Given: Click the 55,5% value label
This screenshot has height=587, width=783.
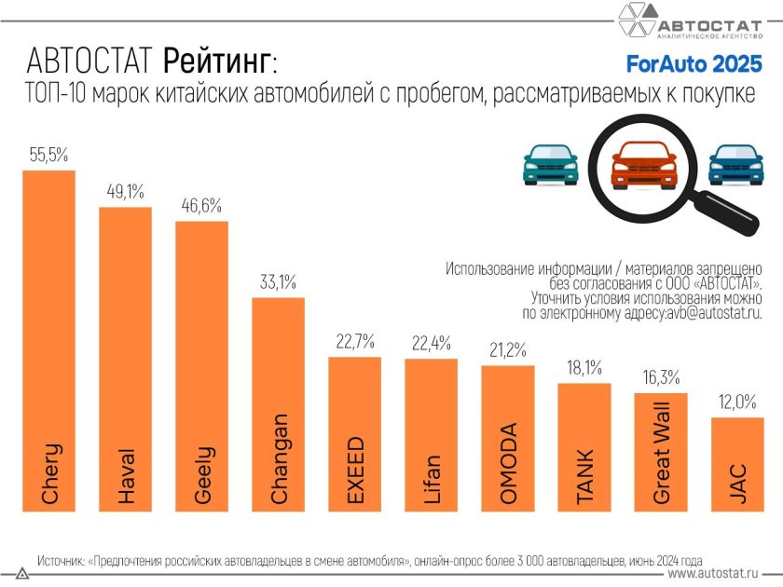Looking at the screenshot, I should (x=48, y=156).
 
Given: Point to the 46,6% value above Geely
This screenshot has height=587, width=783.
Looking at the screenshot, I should (x=201, y=206).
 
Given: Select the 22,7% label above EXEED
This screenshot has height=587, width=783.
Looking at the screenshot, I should (x=354, y=340).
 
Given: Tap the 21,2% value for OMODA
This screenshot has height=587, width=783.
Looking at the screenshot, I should (x=507, y=349).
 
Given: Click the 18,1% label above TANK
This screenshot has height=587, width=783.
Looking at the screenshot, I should (x=584, y=367).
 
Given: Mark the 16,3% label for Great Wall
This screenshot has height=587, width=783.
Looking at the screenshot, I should (x=660, y=377).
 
